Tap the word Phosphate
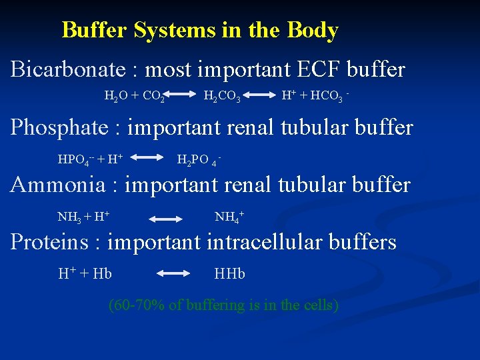coord(59,127)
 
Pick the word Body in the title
coord(313,30)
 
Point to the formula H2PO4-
coord(198,160)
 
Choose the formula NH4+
coord(229,217)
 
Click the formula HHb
coord(229,273)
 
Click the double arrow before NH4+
coord(165,217)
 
